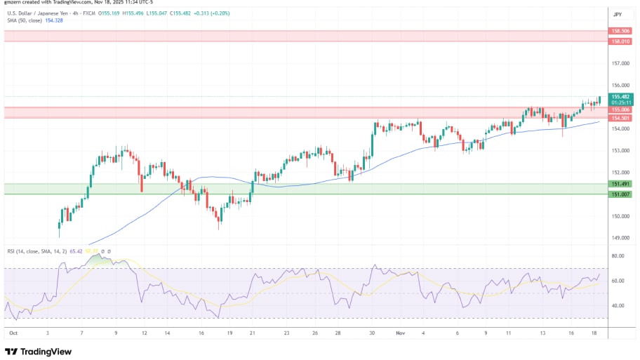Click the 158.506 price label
click(x=620, y=32)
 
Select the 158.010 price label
click(x=620, y=41)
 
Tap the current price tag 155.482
click(x=620, y=96)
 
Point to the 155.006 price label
click(x=620, y=109)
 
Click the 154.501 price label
click(x=620, y=118)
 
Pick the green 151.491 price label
click(x=620, y=184)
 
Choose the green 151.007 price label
click(x=620, y=194)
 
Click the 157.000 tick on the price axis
click(x=619, y=63)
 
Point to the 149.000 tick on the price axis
click(x=619, y=238)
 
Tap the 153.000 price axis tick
click(x=619, y=151)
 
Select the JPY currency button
click(x=618, y=14)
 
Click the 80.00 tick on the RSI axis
click(x=618, y=256)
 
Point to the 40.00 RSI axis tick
click(x=618, y=306)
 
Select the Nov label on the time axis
click(x=399, y=333)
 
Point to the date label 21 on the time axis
click(x=253, y=333)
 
